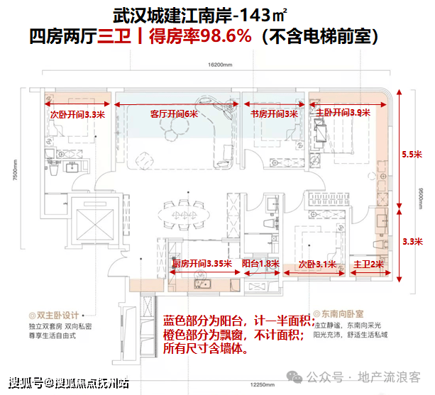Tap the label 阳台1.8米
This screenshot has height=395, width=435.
coord(260,263)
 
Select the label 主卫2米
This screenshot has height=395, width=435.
coord(368,264)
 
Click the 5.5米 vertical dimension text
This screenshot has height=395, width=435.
coord(412,154)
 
